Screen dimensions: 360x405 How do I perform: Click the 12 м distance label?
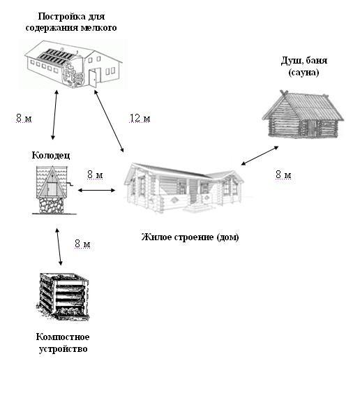[140, 118]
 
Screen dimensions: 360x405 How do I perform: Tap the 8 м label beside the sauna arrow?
[283, 175]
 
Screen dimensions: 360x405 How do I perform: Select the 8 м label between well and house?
[95, 175]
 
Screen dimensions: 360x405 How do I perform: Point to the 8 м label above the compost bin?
[82, 244]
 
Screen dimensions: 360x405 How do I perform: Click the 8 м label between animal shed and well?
[24, 118]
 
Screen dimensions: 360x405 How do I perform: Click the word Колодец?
[51, 155]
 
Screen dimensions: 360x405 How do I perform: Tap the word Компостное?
[63, 337]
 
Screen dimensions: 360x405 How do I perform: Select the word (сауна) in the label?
[303, 73]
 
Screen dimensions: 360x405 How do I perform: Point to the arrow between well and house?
[96, 191]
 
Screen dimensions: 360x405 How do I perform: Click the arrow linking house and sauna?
[260, 156]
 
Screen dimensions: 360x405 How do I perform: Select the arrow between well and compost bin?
[59, 247]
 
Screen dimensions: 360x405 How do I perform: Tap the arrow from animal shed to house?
[109, 121]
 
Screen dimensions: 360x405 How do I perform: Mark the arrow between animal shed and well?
[54, 115]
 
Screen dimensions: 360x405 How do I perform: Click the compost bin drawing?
[63, 296]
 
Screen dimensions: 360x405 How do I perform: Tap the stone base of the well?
[51, 205]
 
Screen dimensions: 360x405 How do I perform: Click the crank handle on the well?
[70, 184]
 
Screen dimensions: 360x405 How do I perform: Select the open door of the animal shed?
[92, 78]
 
